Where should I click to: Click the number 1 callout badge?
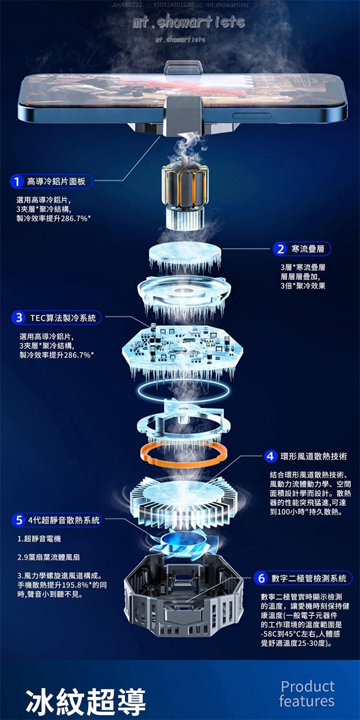pos(16,182)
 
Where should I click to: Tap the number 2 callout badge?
pos(280,249)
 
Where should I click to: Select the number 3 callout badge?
pos(19,318)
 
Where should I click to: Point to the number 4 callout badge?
pos(271,456)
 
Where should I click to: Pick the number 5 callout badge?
pos(19,520)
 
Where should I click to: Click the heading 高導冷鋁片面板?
pos(56,181)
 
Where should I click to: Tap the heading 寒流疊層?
pos(308,249)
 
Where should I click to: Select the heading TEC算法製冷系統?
pos(63,318)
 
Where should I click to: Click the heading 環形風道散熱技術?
pos(314,456)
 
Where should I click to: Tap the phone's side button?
pos(252,116)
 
